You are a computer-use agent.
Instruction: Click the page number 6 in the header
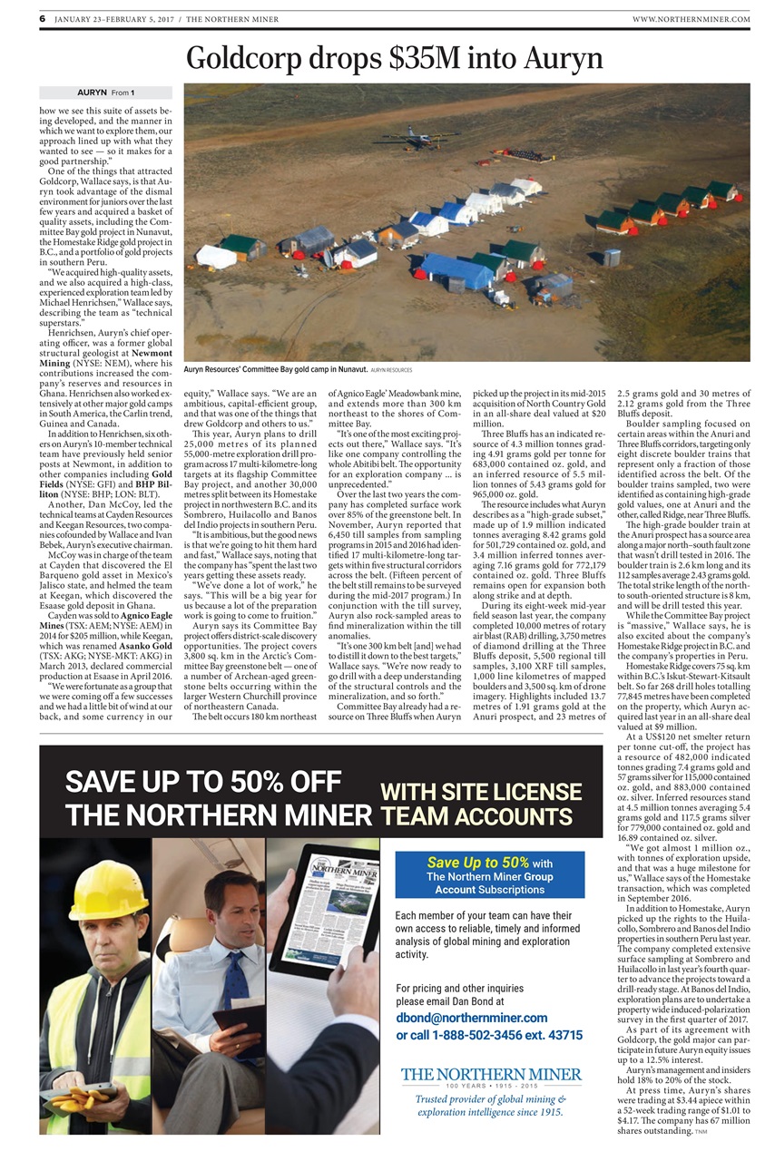[43, 18]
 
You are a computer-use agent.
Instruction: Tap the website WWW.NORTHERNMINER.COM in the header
[691, 19]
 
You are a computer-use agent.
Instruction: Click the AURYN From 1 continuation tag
[105, 93]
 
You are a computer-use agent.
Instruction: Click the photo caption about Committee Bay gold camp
[272, 370]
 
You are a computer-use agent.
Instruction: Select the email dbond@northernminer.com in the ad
[472, 1018]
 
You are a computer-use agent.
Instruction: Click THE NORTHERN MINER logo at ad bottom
[491, 1076]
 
